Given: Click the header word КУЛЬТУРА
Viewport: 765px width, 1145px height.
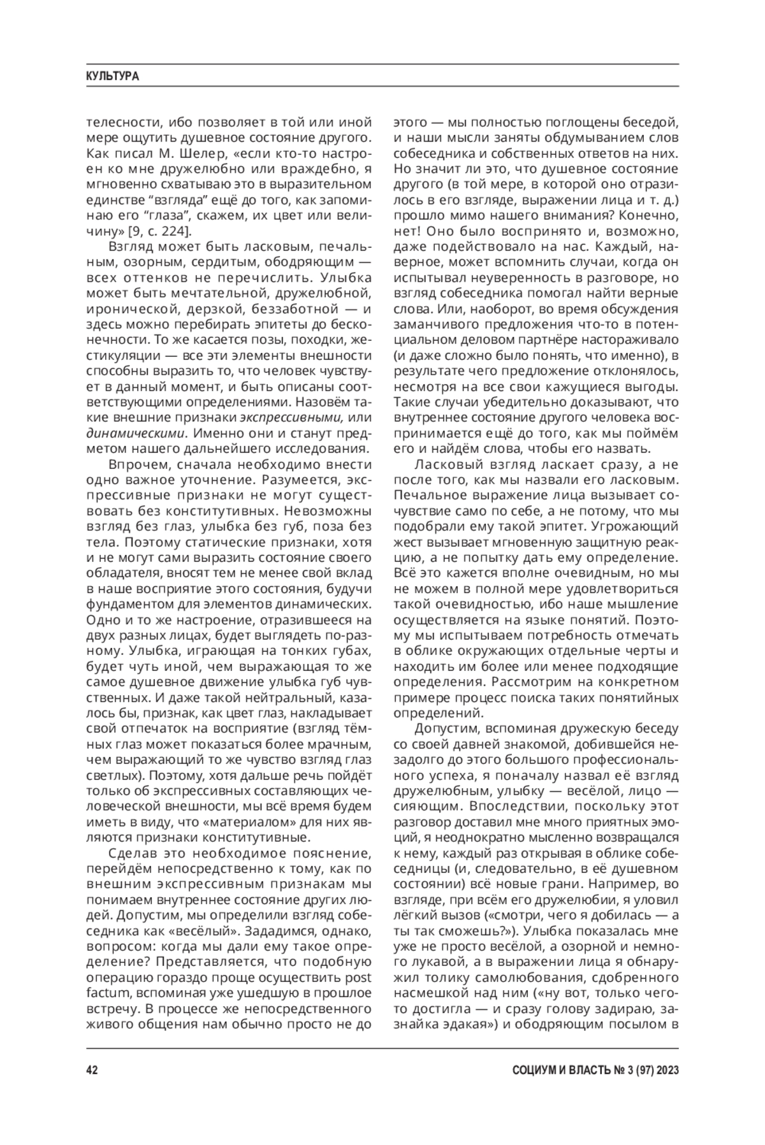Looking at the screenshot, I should coord(113,76).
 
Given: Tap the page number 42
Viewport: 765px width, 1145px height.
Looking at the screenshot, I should coord(91,1070).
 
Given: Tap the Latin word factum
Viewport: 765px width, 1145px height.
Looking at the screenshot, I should coord(108,993).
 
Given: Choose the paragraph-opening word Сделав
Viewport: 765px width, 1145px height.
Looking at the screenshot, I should coord(133,853).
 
